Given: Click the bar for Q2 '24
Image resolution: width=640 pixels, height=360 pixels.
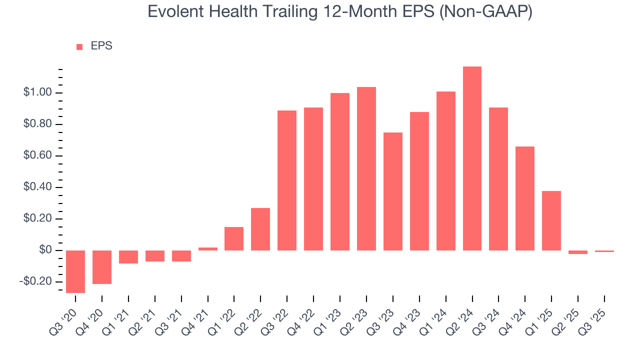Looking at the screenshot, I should pyautogui.click(x=472, y=158).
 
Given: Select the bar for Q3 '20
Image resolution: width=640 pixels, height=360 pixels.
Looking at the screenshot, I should pyautogui.click(x=75, y=271).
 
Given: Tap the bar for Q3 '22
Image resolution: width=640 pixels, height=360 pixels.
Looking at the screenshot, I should pyautogui.click(x=287, y=180).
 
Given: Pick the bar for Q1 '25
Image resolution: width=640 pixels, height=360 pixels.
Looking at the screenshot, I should pyautogui.click(x=551, y=220).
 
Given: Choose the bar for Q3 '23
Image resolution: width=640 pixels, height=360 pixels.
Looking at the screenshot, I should pyautogui.click(x=393, y=191).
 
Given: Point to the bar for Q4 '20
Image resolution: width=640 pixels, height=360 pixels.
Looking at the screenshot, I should pyautogui.click(x=102, y=267).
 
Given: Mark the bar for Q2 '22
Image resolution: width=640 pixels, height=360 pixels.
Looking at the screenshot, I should pyautogui.click(x=260, y=229).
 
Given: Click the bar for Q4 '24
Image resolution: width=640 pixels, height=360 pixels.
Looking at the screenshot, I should pyautogui.click(x=525, y=198).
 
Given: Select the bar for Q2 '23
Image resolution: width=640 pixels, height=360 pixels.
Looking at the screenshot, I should pyautogui.click(x=366, y=169).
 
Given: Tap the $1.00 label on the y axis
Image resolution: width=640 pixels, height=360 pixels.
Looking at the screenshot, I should pyautogui.click(x=37, y=93).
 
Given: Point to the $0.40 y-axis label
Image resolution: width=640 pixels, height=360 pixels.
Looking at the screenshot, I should pyautogui.click(x=37, y=187).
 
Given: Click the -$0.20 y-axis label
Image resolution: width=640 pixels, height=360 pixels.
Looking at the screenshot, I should pyautogui.click(x=36, y=281).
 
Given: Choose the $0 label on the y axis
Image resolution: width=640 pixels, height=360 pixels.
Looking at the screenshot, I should pyautogui.click(x=45, y=250).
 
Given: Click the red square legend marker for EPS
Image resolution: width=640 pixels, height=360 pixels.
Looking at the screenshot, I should pyautogui.click(x=79, y=47).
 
